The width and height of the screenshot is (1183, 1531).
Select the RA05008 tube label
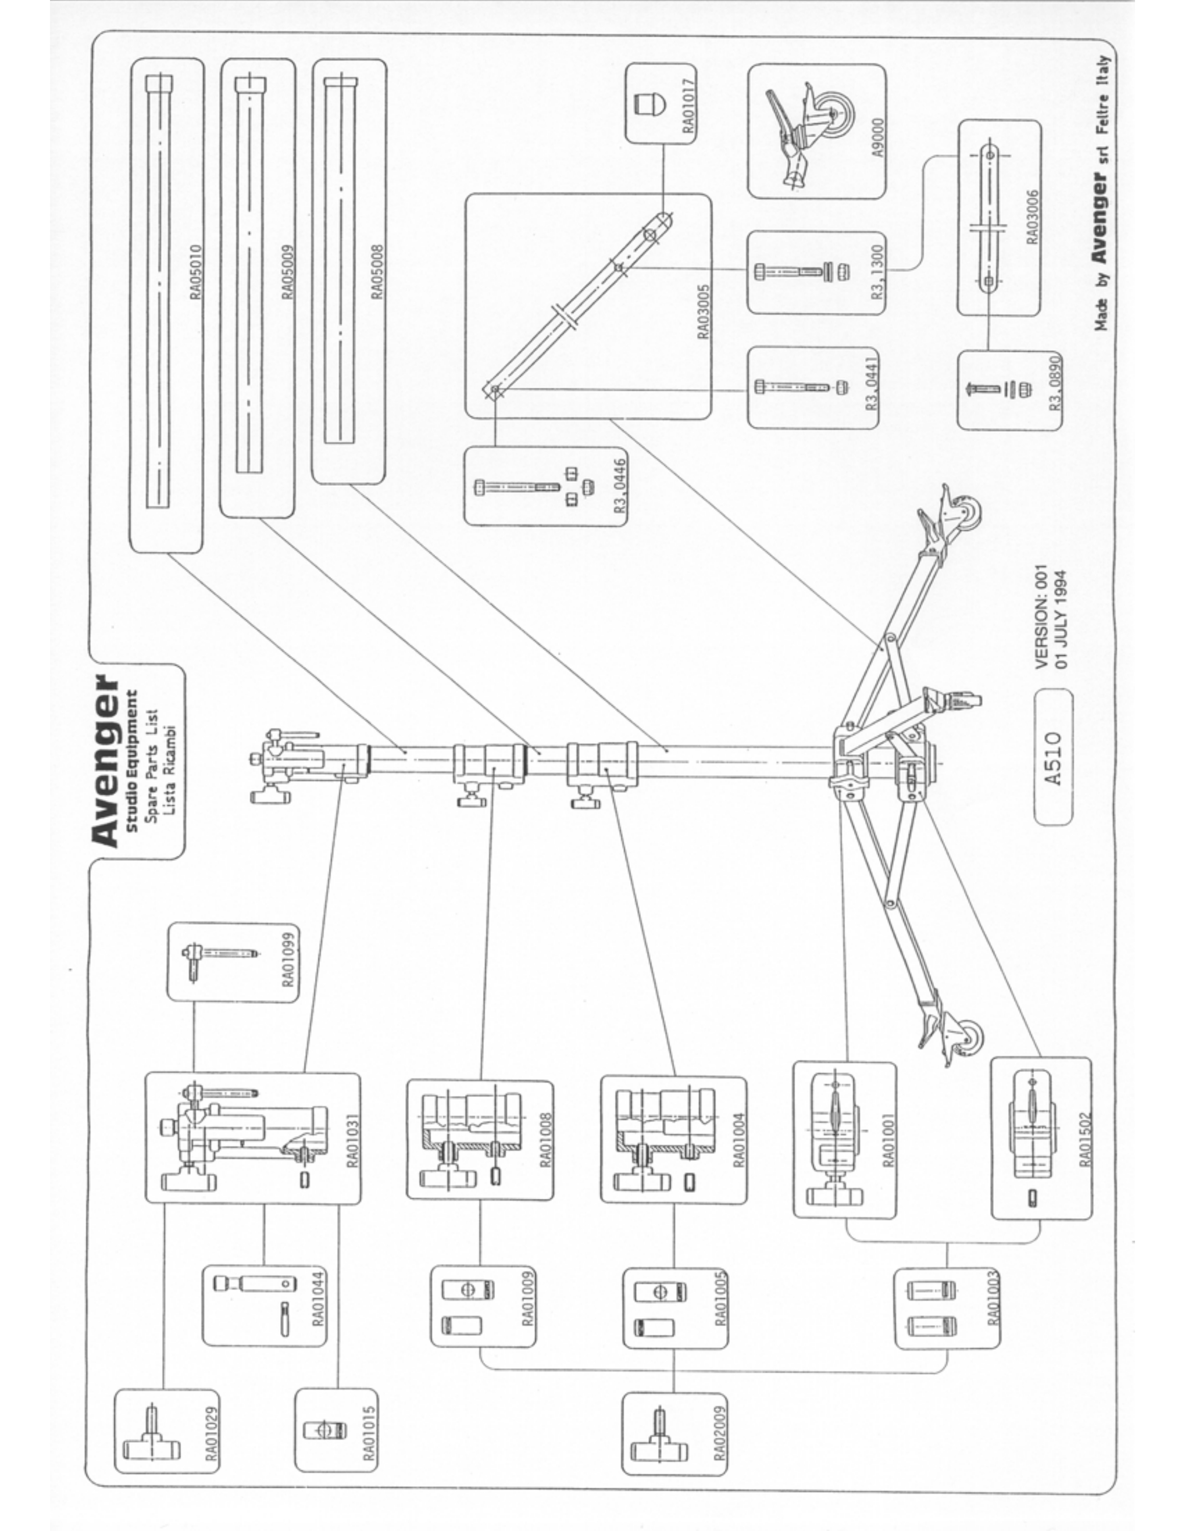click(377, 272)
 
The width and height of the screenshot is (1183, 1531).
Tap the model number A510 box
click(1053, 758)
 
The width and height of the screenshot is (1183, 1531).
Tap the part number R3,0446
click(620, 486)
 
